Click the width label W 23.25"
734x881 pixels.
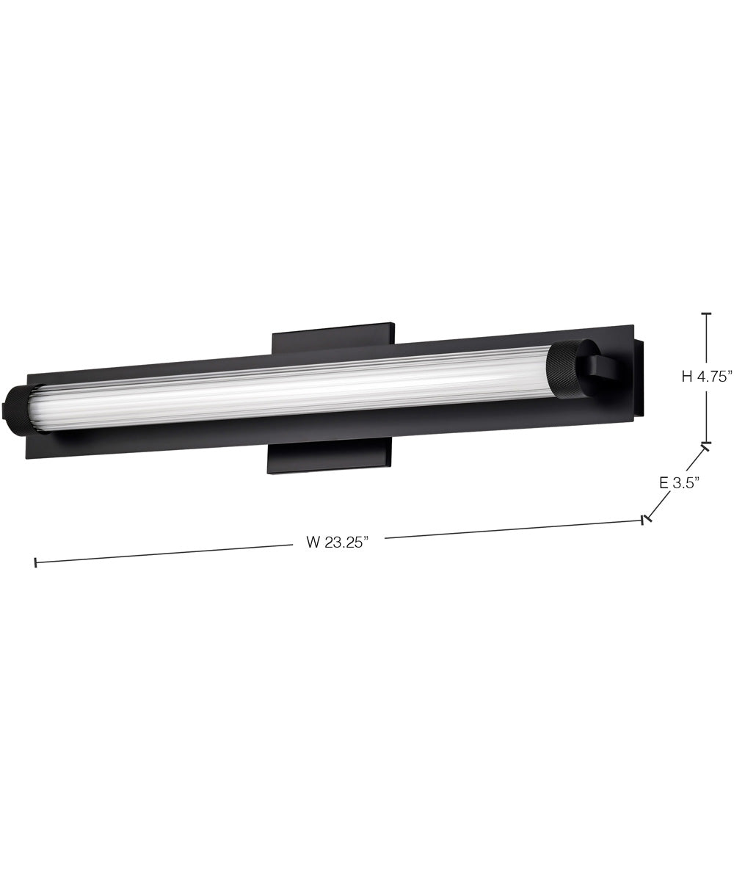(337, 543)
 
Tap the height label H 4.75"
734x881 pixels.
(707, 377)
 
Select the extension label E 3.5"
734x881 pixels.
(679, 482)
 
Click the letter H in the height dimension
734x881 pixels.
(687, 377)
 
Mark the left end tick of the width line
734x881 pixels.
(35, 563)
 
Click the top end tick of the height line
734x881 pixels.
(706, 313)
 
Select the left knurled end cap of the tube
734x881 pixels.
(16, 411)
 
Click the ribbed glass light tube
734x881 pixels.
(294, 389)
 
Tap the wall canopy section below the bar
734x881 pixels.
(329, 459)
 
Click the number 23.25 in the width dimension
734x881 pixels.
(346, 543)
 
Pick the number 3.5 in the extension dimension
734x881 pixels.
(687, 482)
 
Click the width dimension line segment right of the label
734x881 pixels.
(514, 530)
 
